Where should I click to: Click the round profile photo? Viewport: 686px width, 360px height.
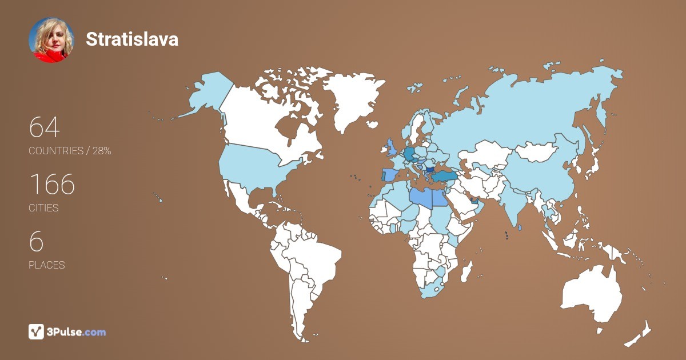click(51, 39)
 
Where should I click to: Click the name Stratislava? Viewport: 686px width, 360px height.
click(132, 39)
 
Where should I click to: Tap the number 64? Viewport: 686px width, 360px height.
click(44, 127)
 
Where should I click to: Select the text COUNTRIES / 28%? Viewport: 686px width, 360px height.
click(70, 151)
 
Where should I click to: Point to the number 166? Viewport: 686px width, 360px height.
click(52, 184)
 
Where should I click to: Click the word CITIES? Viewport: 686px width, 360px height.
click(44, 208)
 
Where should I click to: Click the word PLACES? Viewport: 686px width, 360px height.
click(47, 265)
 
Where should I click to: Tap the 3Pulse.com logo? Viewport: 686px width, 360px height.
click(67, 331)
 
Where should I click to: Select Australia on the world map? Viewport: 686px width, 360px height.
click(592, 294)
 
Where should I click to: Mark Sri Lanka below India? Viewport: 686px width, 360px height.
click(520, 228)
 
